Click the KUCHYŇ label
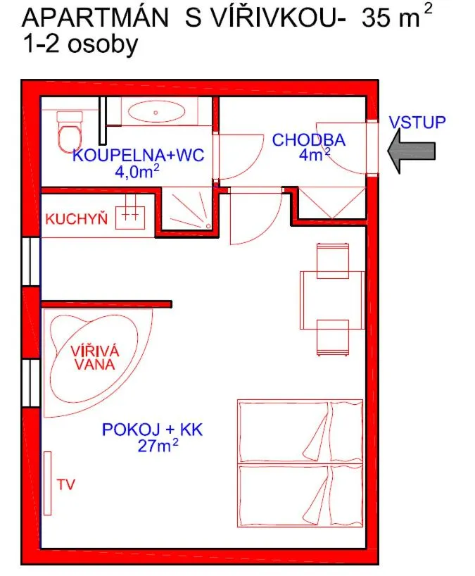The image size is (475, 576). pyautogui.click(x=76, y=219)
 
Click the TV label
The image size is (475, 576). pyautogui.click(x=66, y=484)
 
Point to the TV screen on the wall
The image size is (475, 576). pyautogui.click(x=48, y=484)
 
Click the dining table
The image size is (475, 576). pyautogui.click(x=332, y=299)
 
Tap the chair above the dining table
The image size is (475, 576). pyautogui.click(x=332, y=258)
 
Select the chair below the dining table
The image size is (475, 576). pyautogui.click(x=332, y=338)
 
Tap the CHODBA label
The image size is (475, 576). pyautogui.click(x=308, y=140)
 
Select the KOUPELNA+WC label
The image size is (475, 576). pyautogui.click(x=138, y=155)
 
